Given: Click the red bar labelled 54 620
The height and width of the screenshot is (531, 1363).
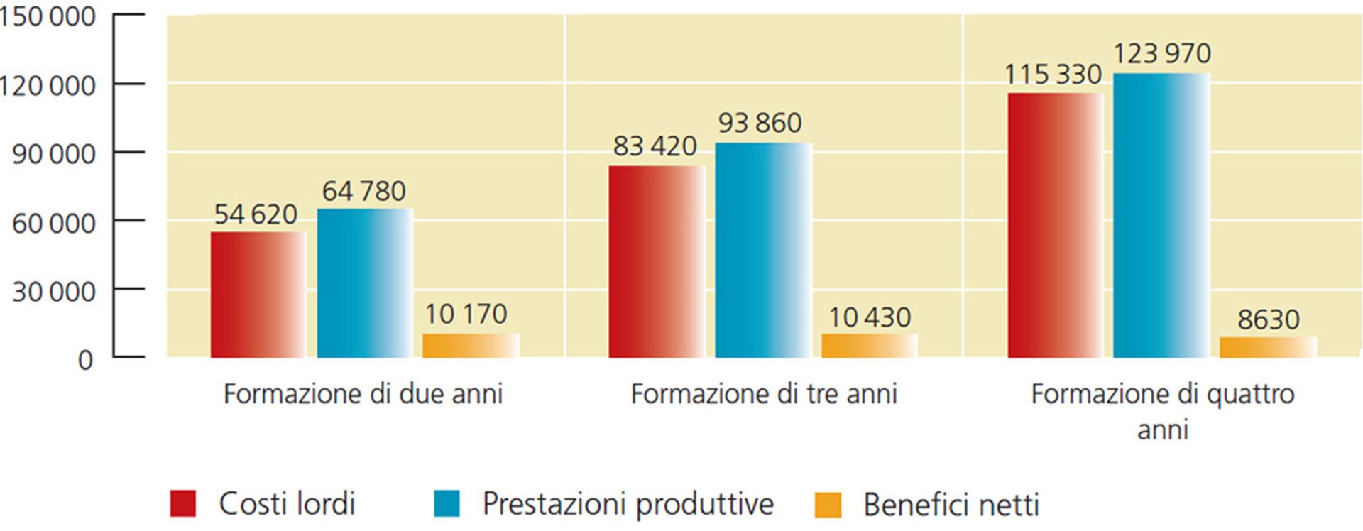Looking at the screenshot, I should (258, 295).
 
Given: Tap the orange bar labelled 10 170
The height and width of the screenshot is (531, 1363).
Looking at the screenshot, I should (471, 346).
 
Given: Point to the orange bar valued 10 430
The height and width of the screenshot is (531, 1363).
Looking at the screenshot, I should (870, 346).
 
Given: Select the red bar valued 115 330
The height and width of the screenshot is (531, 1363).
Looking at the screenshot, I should (1055, 225).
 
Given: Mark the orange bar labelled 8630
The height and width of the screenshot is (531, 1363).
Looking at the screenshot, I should (1268, 347).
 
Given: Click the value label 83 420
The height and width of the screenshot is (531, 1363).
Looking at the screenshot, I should (655, 146).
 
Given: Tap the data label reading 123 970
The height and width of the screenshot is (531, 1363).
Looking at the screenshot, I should (1161, 54).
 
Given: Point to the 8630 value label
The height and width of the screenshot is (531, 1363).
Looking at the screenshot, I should (1268, 320).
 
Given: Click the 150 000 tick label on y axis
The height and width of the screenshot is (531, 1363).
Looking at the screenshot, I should (47, 16).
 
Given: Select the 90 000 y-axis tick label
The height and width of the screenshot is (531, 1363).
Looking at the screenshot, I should (53, 154).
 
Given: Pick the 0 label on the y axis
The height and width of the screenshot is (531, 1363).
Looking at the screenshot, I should (85, 360).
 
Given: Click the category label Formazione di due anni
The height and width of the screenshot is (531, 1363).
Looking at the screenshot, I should (363, 394).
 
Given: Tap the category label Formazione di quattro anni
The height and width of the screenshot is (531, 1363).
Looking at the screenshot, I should (1162, 411).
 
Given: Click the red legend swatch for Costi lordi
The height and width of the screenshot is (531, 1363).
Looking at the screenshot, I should (183, 503).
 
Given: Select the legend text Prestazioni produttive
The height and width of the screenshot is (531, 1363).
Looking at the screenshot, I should (628, 504).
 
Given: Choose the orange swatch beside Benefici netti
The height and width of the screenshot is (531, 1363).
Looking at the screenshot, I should (828, 505).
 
